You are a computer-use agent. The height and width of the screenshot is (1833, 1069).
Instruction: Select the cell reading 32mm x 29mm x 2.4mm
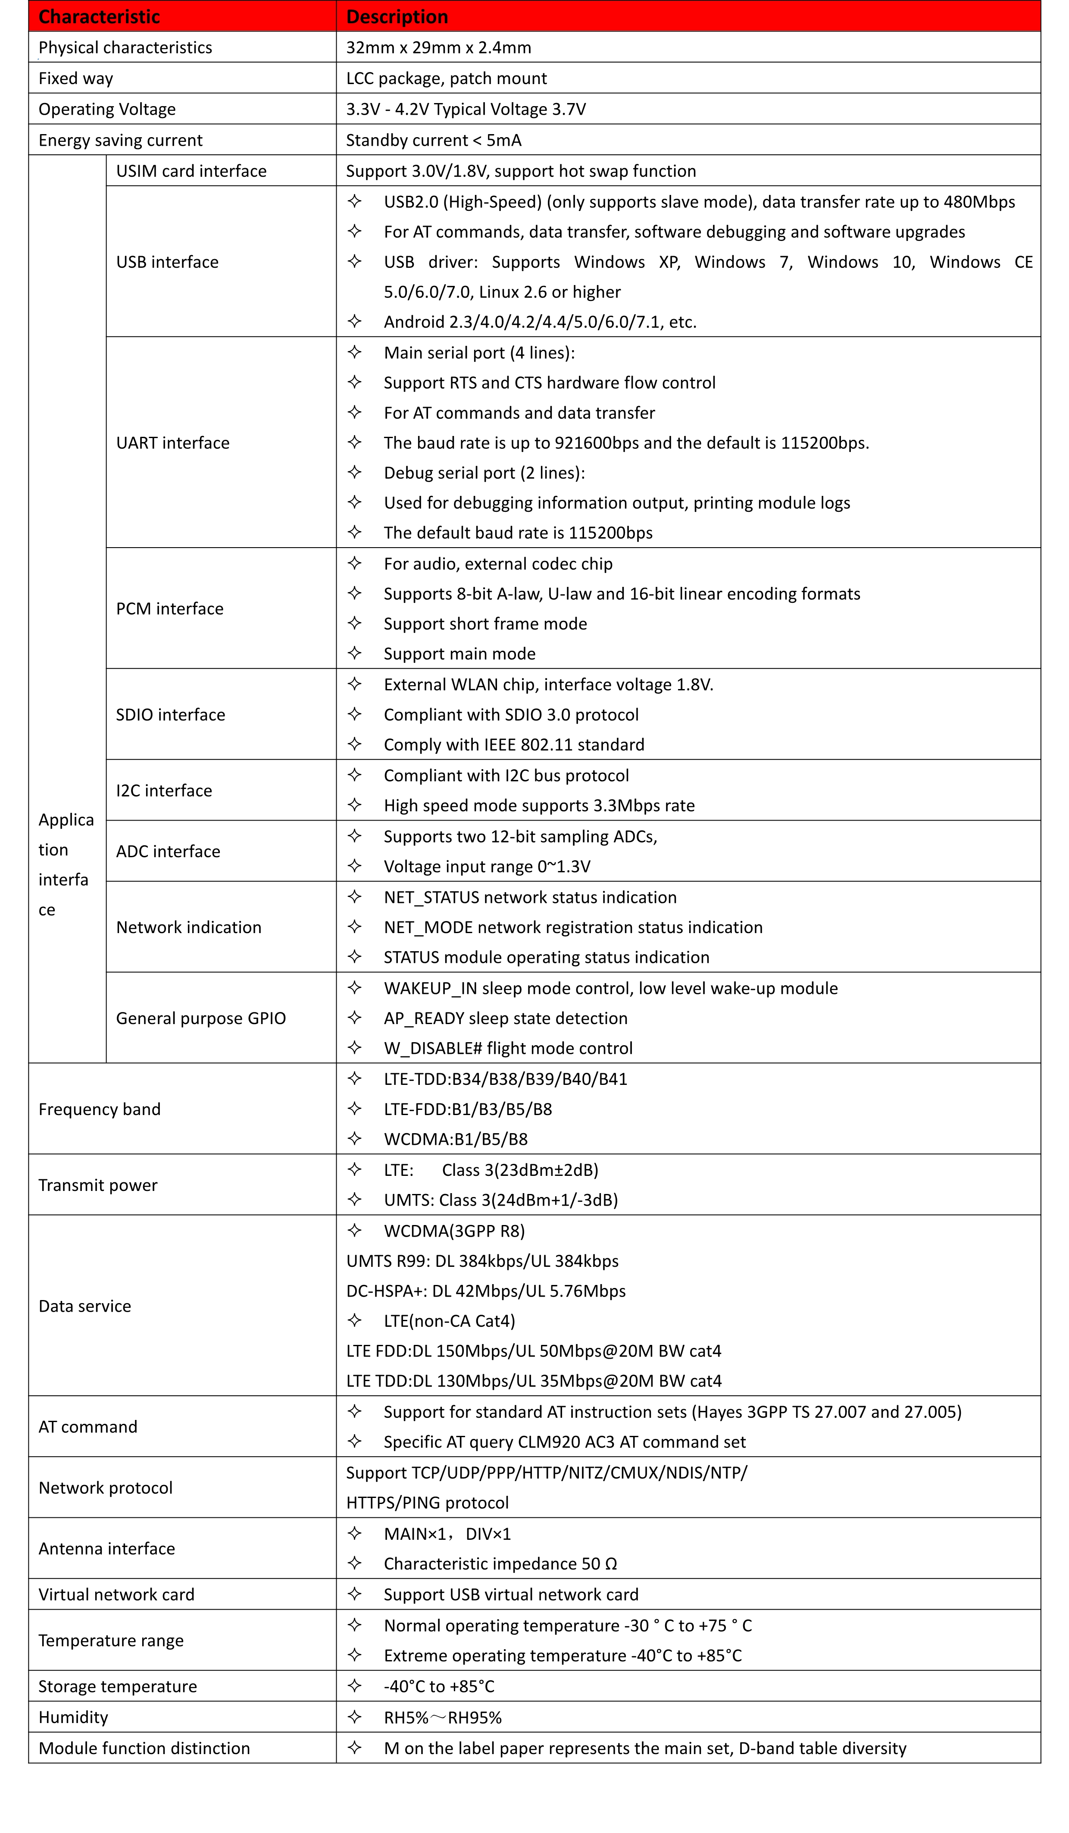(438, 48)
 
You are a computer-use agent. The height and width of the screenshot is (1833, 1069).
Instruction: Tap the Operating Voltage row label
(107, 109)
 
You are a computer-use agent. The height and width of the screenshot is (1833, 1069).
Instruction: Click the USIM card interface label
(191, 171)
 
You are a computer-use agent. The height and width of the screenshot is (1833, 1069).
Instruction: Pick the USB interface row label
(167, 262)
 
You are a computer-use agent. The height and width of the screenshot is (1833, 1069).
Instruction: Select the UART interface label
(173, 443)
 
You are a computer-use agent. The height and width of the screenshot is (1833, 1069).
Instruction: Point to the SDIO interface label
(171, 715)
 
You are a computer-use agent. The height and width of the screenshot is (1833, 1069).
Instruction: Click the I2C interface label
(164, 791)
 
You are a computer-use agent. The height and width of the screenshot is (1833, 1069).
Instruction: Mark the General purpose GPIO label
(201, 1018)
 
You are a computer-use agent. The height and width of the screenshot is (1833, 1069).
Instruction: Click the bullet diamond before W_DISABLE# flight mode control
(355, 1047)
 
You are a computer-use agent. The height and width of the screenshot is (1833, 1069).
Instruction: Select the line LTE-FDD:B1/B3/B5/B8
(468, 1109)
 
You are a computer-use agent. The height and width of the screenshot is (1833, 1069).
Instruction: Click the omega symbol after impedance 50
(611, 1564)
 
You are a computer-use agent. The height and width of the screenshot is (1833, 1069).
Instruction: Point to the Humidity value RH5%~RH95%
(443, 1717)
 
